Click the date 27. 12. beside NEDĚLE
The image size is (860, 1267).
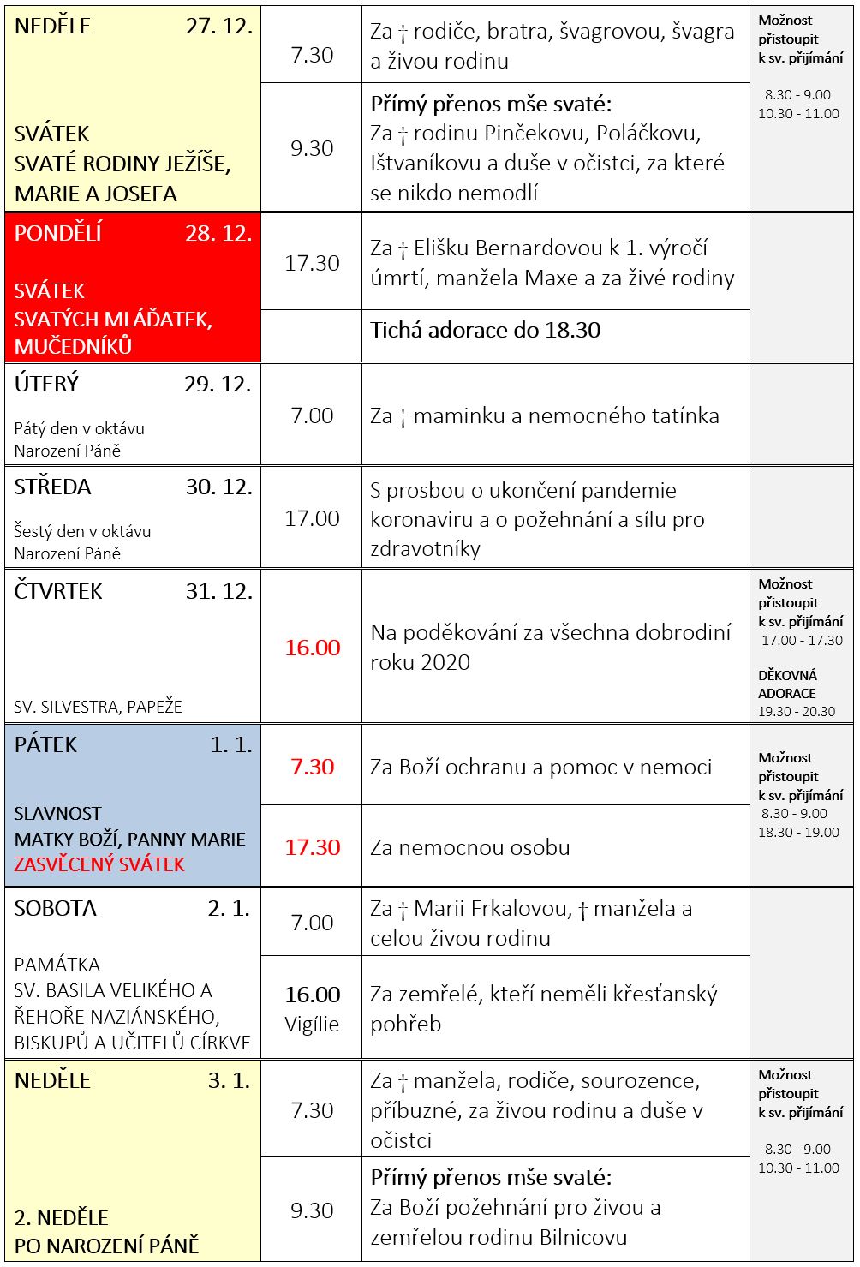[218, 26]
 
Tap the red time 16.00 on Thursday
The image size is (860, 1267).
[312, 648]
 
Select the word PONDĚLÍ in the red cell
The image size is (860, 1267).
[58, 234]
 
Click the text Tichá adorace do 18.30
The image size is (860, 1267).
[485, 330]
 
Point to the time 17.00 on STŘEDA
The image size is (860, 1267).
[312, 518]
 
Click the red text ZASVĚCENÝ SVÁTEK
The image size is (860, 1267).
[99, 864]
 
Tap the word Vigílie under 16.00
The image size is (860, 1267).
[312, 1024]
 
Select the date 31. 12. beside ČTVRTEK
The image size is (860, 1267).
[218, 591]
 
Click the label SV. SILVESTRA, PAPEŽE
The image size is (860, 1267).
[98, 707]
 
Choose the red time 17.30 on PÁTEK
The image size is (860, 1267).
[312, 847]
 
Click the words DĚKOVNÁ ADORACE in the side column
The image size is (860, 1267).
[787, 684]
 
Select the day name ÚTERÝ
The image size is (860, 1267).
[46, 384]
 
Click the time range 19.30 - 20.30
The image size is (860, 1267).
[797, 711]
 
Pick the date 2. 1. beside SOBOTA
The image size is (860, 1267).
[229, 908]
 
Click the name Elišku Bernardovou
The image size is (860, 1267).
[508, 248]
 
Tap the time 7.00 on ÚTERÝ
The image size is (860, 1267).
[312, 415]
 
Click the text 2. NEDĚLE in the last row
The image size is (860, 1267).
[61, 1217]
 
